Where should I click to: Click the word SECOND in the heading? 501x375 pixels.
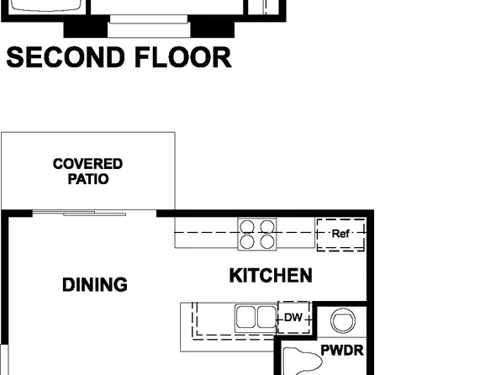(x=64, y=58)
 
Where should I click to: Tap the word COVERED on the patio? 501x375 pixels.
(x=87, y=164)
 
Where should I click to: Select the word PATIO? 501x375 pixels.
(x=87, y=178)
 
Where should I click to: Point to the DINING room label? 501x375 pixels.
(x=95, y=285)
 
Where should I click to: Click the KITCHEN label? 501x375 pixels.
(x=271, y=275)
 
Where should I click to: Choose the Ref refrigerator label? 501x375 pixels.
(x=340, y=234)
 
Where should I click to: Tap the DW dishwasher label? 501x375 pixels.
(x=293, y=317)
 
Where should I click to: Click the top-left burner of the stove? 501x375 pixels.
(x=248, y=225)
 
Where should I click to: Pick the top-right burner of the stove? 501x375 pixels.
(x=266, y=225)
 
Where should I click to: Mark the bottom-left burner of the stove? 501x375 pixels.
(x=248, y=241)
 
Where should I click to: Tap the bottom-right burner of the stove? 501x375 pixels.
(x=266, y=241)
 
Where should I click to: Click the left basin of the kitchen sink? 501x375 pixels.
(x=246, y=317)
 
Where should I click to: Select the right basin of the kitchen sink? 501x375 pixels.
(x=266, y=317)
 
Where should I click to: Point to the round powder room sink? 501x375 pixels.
(x=343, y=320)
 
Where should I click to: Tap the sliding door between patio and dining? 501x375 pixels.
(x=80, y=214)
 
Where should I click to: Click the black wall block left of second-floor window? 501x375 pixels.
(x=86, y=27)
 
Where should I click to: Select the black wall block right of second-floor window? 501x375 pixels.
(x=205, y=27)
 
